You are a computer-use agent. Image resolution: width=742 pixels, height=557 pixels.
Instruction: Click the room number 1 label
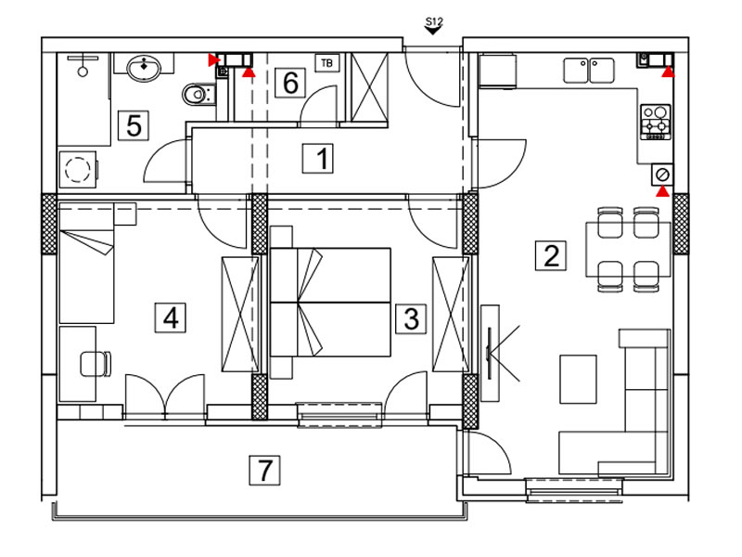[x=318, y=158]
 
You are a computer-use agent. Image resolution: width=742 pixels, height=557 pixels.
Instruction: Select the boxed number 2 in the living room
[x=551, y=255]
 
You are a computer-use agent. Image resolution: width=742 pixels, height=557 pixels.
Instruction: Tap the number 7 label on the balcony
[x=264, y=471]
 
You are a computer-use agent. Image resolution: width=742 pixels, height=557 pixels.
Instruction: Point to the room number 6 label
[x=290, y=83]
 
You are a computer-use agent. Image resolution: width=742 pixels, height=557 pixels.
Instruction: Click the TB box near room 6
[x=327, y=62]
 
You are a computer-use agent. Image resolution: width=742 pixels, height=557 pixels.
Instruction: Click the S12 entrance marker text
[x=433, y=21]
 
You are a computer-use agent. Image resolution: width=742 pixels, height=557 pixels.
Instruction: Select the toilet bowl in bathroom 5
[x=198, y=95]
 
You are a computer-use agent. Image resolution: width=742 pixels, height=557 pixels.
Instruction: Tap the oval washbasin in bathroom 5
[x=144, y=68]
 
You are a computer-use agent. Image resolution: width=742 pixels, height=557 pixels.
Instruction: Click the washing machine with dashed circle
[x=78, y=169]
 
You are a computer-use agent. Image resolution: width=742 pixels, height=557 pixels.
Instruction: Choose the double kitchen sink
[x=589, y=71]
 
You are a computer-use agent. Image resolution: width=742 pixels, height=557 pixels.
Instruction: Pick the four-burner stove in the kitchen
[x=656, y=122]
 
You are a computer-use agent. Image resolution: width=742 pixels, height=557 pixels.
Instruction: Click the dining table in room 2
[x=628, y=249]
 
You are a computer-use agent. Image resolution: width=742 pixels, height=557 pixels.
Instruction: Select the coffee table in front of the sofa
[x=578, y=379]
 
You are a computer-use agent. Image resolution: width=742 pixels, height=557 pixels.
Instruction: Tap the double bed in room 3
[x=330, y=303]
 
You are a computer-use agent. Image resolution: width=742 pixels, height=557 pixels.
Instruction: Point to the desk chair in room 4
[x=96, y=364]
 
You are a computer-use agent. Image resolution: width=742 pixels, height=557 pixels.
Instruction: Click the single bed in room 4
[x=86, y=264]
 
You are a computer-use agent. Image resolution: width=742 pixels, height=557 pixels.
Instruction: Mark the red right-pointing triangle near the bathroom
[x=214, y=60]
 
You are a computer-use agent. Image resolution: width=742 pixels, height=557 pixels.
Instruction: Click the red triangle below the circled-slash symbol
[x=663, y=191]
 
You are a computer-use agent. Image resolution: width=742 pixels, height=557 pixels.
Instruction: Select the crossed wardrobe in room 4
[x=240, y=314]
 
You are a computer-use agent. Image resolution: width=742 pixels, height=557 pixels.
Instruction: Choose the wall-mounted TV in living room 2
[x=490, y=353]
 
